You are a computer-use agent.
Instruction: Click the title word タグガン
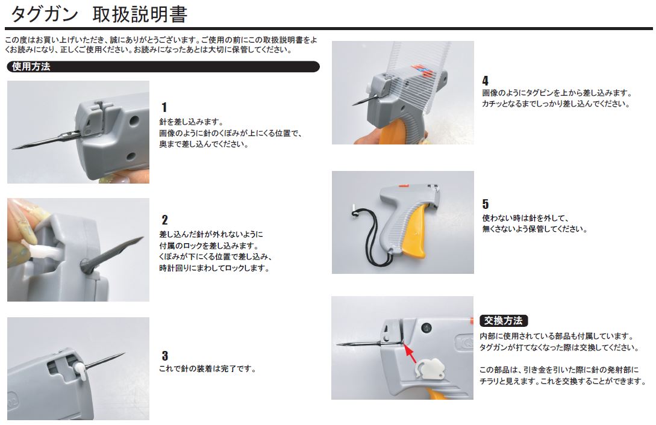point(45,14)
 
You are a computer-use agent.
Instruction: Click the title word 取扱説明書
point(140,14)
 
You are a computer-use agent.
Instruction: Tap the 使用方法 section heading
point(31,66)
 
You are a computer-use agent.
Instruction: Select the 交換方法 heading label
point(504,320)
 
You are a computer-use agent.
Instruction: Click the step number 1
point(164,107)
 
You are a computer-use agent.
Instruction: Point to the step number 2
point(164,220)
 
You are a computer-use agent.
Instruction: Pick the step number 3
point(165,356)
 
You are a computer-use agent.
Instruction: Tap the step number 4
point(486,81)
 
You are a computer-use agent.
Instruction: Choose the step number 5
point(486,204)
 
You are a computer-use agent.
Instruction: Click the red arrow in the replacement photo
point(410,353)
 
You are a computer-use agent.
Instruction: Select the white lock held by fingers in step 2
point(42,251)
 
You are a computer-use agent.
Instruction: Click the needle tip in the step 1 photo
point(13,148)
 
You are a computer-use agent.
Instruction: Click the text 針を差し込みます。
point(192,122)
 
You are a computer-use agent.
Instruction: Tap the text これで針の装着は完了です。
point(207,368)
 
